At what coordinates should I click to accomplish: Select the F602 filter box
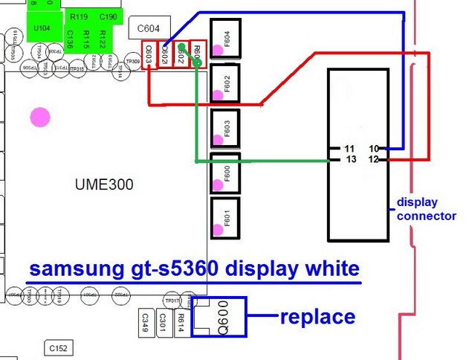pos(224,83)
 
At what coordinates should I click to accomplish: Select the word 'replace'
pos(317,316)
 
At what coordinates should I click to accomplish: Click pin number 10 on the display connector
pos(374,148)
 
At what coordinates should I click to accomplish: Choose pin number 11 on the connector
pos(350,148)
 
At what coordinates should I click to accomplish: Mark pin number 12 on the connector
pos(374,160)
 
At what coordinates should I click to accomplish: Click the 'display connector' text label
pos(426,209)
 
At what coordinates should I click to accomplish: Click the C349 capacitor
pos(144,321)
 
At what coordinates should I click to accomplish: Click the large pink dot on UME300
pos(39,117)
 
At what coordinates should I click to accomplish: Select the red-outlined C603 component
pos(149,54)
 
